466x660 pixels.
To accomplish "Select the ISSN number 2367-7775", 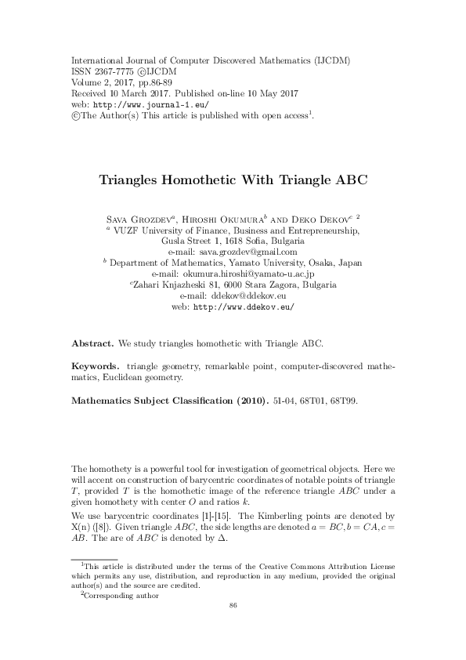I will point(112,71).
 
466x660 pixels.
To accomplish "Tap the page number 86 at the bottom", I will point(233,606).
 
